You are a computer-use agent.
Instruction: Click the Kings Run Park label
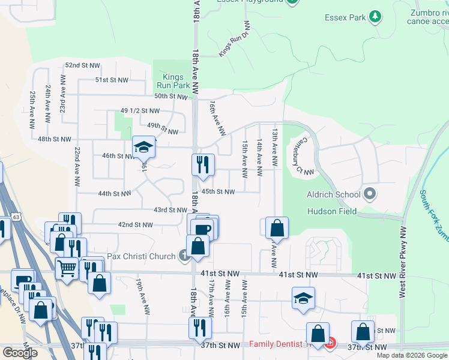point(173,81)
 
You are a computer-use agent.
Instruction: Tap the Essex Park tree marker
point(375,16)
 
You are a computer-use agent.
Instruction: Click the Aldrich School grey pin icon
point(370,194)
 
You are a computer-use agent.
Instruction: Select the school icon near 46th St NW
point(143,146)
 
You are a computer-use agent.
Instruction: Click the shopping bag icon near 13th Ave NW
point(276,227)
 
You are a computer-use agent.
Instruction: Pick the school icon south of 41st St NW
point(303,298)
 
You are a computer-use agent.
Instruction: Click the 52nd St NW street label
point(81,65)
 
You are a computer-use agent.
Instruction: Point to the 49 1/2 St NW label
point(140,111)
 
